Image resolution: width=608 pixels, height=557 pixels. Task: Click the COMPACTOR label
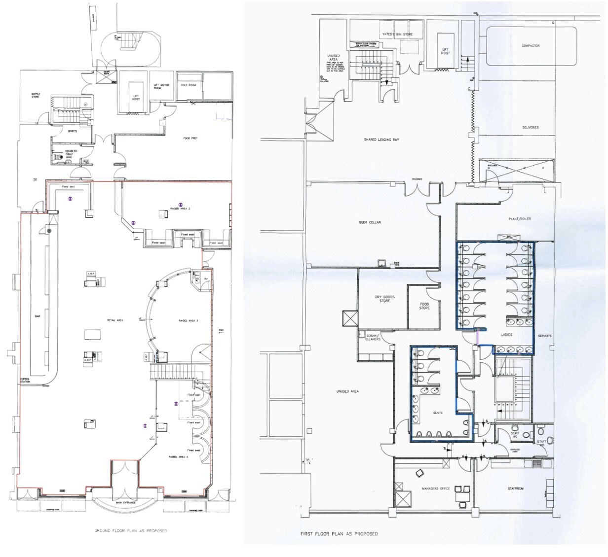pyautogui.click(x=531, y=46)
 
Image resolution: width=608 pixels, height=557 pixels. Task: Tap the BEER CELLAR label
pyautogui.click(x=370, y=222)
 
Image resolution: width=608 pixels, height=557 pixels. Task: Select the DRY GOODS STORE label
pyautogui.click(x=384, y=299)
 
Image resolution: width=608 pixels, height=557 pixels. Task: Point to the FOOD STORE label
pyautogui.click(x=424, y=306)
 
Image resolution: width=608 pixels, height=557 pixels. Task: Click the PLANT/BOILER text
pyautogui.click(x=520, y=218)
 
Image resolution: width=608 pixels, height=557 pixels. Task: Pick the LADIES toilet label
pyautogui.click(x=506, y=335)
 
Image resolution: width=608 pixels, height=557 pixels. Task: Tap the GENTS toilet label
pyautogui.click(x=437, y=413)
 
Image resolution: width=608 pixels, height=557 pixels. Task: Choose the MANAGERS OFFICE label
pyautogui.click(x=436, y=488)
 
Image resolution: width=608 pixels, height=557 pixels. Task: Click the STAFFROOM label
pyautogui.click(x=516, y=488)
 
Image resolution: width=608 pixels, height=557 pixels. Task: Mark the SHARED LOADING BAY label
pyautogui.click(x=381, y=140)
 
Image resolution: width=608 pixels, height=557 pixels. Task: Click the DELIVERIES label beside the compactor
pyautogui.click(x=531, y=128)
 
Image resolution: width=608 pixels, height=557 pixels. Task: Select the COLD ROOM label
pyautogui.click(x=189, y=85)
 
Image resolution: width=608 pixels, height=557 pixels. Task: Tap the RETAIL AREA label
pyautogui.click(x=114, y=320)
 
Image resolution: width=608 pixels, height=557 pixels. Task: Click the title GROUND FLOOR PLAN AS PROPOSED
pyautogui.click(x=130, y=531)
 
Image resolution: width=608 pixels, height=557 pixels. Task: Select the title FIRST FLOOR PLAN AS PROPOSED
pyautogui.click(x=339, y=534)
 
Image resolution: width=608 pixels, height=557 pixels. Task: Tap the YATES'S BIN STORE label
pyautogui.click(x=397, y=35)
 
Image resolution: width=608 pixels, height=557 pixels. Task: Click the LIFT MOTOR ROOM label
pyautogui.click(x=161, y=87)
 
